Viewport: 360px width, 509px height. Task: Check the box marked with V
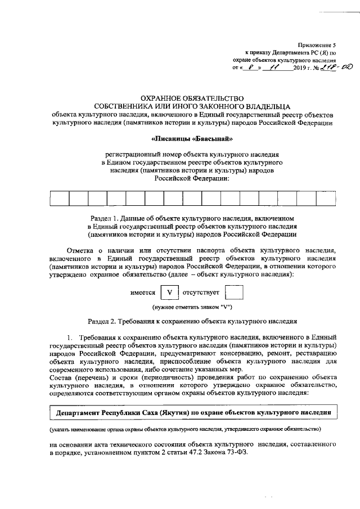(x=169, y=293)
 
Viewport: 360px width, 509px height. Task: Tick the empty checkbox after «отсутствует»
(x=233, y=293)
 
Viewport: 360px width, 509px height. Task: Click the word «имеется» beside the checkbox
(x=143, y=293)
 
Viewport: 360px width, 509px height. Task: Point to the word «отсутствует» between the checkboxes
(x=201, y=293)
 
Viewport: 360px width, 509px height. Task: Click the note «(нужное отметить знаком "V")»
(x=192, y=308)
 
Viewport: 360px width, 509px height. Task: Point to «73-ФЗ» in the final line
(x=237, y=453)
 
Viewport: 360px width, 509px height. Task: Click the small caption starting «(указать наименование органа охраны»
(x=185, y=430)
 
